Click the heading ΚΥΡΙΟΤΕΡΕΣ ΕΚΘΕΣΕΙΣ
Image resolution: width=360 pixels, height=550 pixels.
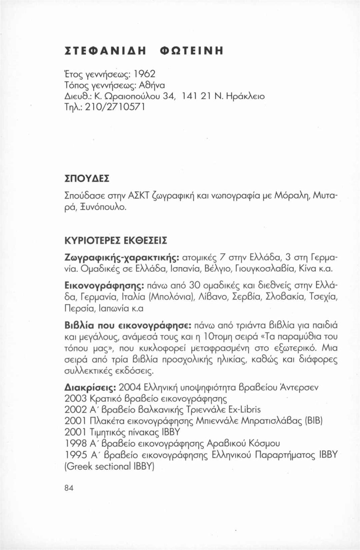pyautogui.click(x=116, y=240)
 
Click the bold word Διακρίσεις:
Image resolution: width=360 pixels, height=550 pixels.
pyautogui.click(x=90, y=387)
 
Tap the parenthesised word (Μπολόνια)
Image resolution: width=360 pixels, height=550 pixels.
pyautogui.click(x=169, y=297)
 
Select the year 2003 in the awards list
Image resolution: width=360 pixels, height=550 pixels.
pyautogui.click(x=75, y=399)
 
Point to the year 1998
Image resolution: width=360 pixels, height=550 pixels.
pyautogui.click(x=75, y=444)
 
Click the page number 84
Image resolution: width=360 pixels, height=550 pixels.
pyautogui.click(x=69, y=488)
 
